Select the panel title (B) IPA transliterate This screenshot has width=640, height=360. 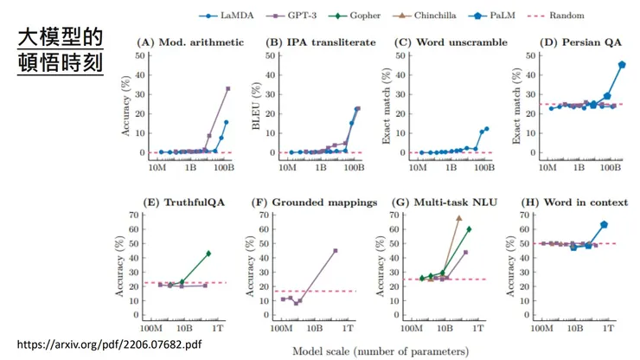pos(321,42)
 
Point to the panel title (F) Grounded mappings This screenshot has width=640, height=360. pos(314,202)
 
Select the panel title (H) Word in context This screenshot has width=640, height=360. pos(573,202)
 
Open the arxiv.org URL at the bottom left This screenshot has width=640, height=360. pos(110,344)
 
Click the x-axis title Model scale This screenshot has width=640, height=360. pos(381,351)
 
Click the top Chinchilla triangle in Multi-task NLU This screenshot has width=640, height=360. pos(459,218)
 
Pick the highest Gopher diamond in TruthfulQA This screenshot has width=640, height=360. pos(208,254)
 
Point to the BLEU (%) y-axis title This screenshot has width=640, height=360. pos(256,103)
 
